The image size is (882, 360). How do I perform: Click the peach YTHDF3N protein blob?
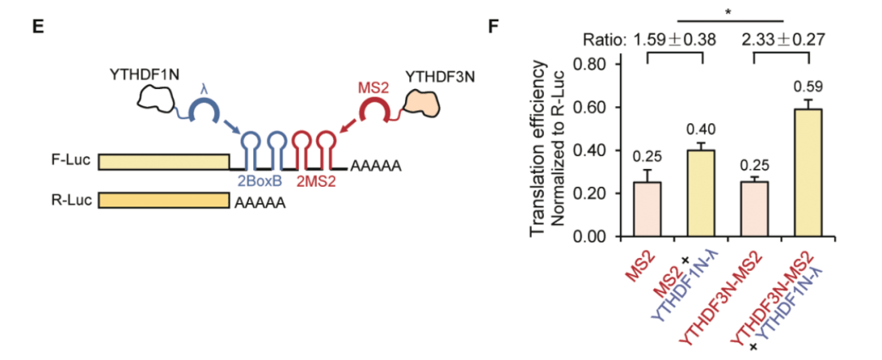coord(421,104)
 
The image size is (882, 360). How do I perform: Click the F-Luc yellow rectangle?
coord(163,162)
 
